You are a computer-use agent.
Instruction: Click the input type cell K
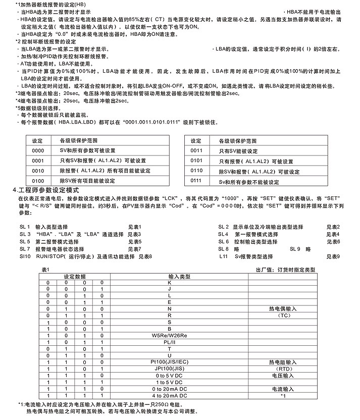(170, 283)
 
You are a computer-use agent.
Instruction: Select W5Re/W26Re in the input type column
(170, 335)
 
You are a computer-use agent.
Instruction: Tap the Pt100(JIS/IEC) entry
(170, 362)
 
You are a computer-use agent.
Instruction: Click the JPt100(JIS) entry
(170, 369)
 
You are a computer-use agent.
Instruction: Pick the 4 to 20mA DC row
(170, 395)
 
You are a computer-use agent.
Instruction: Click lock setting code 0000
(38, 150)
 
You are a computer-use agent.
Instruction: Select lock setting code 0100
(38, 180)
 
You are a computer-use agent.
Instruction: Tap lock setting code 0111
(196, 181)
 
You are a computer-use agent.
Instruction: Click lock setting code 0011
(196, 150)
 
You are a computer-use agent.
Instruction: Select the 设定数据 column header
(75, 277)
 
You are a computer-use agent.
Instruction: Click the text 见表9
(333, 256)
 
